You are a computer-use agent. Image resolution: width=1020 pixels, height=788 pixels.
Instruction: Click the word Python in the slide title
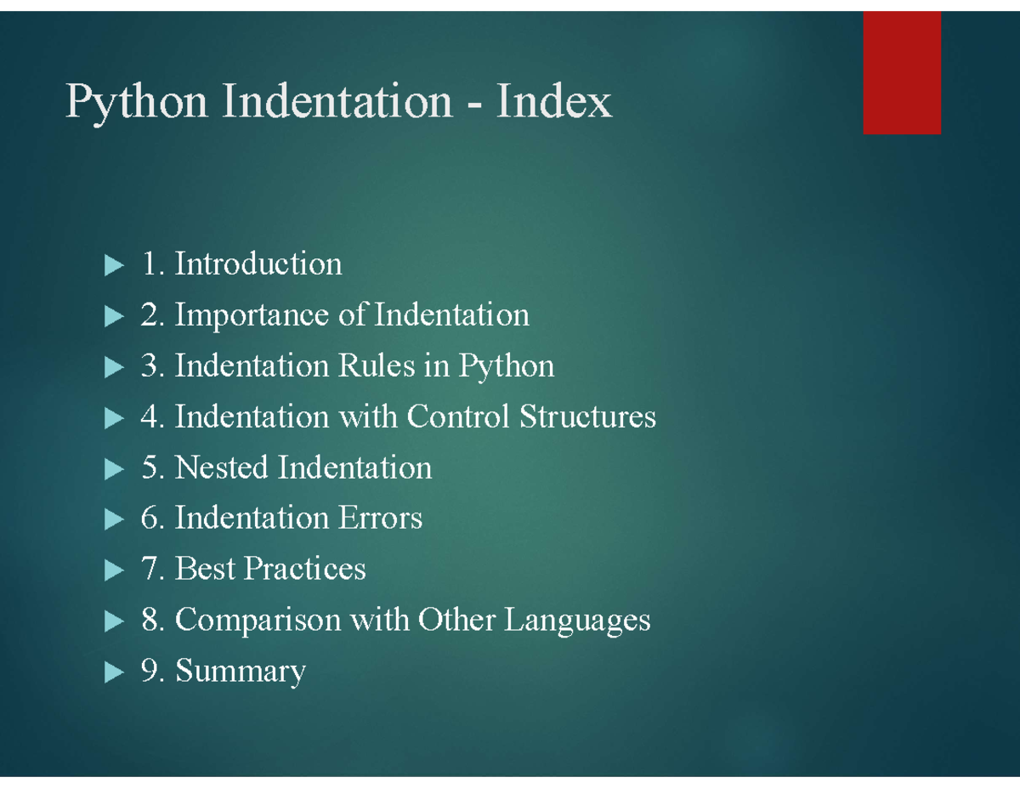point(136,103)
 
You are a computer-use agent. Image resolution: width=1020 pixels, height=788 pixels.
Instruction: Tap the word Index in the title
point(554,100)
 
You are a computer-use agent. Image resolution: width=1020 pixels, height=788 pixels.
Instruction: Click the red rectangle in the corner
point(902,73)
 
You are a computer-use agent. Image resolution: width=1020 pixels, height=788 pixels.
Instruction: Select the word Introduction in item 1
point(258,263)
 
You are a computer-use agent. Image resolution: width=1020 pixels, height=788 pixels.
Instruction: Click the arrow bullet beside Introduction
point(114,265)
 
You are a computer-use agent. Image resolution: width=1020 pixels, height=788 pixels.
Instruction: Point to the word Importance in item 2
point(252,315)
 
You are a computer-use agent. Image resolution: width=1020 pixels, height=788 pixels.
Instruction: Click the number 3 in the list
point(149,366)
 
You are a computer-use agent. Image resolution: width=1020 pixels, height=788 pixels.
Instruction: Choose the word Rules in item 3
point(377,365)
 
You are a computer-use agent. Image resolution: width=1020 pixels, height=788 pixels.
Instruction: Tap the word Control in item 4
point(458,416)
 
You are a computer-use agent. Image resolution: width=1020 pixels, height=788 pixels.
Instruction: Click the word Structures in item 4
point(587,416)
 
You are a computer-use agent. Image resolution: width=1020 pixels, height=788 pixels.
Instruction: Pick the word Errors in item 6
point(380,518)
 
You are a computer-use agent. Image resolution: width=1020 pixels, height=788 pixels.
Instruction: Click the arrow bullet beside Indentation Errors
point(114,519)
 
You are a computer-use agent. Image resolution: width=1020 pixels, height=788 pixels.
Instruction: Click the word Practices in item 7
point(304,569)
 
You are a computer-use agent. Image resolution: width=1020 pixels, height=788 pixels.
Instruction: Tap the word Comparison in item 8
point(258,620)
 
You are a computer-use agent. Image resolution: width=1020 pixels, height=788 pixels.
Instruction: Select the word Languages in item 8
point(577,621)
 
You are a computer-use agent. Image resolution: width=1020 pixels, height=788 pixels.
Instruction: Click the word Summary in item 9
point(241,672)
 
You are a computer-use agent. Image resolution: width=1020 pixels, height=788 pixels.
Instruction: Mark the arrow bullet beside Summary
point(114,672)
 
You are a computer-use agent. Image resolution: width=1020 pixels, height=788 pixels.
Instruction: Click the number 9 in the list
point(149,670)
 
